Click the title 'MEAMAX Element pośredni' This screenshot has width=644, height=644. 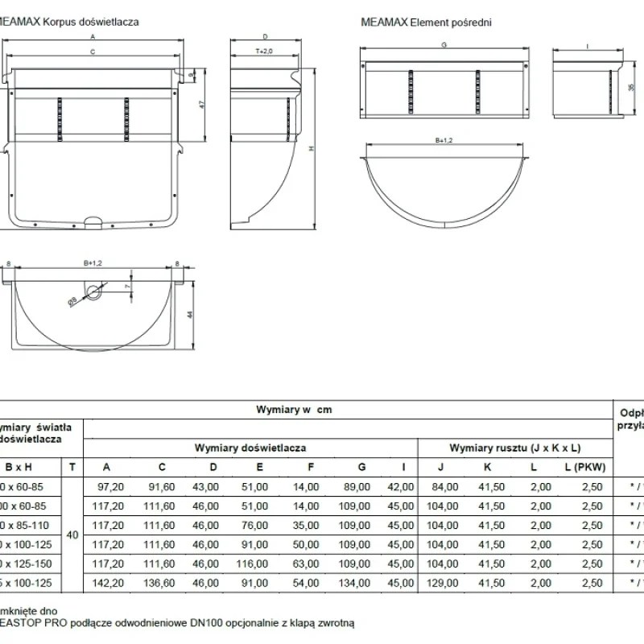426,23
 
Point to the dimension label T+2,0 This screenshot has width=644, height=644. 265,51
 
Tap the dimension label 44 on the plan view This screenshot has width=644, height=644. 190,316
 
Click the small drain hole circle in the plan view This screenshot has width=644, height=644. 94,291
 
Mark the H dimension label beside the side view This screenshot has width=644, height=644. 310,147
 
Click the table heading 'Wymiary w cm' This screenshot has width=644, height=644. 294,409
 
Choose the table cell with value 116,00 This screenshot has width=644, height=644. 255,563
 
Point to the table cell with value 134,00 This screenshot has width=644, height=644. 358,583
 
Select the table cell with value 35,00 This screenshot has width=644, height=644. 306,526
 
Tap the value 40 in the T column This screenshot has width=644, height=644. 72,535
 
